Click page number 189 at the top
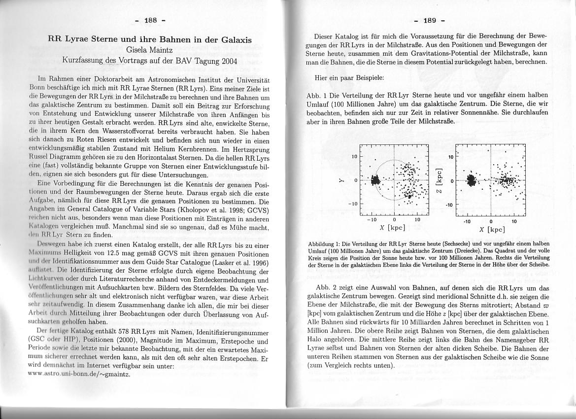tap(430, 20)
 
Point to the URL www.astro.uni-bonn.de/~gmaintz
tap(83, 374)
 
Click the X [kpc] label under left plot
tap(392, 228)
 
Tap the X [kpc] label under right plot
tap(492, 229)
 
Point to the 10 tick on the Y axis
tap(354, 157)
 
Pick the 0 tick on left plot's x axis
tap(394, 220)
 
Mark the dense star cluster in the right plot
tap(472, 180)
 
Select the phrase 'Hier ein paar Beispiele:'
tap(349, 78)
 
